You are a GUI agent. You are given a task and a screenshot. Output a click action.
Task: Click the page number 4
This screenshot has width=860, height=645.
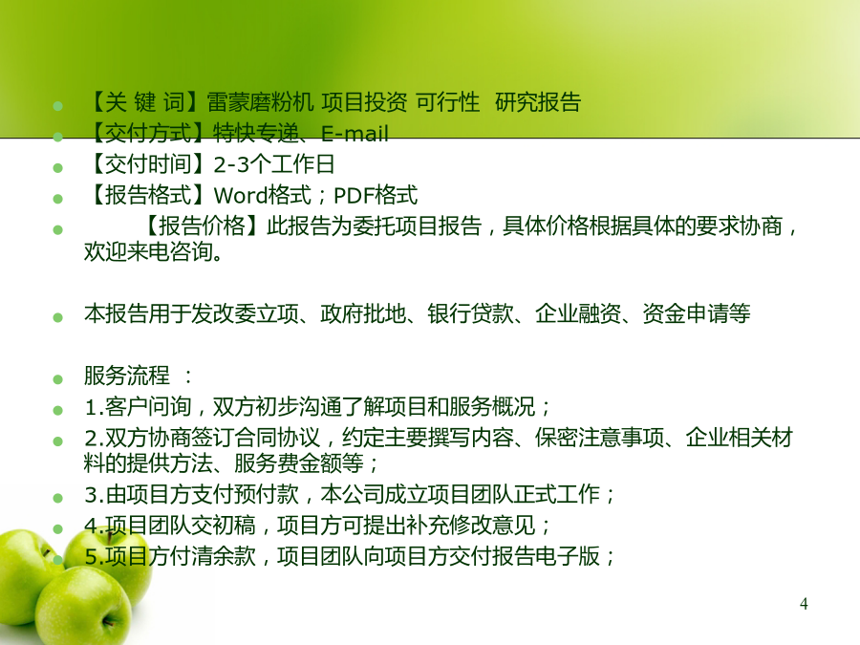[804, 604]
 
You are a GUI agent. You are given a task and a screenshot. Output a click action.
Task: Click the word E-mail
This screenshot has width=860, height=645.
[355, 133]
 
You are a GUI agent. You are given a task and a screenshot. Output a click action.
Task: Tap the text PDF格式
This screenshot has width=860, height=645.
[376, 195]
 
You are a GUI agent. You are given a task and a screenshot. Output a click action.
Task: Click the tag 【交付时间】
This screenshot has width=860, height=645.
[148, 164]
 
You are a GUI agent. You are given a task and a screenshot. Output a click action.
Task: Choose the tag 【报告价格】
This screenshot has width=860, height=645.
[202, 226]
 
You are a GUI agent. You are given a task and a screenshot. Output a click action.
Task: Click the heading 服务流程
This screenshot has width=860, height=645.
[127, 376]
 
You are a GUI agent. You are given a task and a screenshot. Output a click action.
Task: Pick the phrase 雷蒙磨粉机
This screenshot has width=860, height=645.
[260, 102]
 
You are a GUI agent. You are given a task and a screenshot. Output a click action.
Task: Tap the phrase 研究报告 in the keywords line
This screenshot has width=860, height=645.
[537, 102]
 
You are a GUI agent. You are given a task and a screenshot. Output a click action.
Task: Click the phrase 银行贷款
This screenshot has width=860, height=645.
[470, 313]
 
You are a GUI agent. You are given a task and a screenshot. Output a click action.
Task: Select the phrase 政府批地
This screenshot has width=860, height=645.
[363, 313]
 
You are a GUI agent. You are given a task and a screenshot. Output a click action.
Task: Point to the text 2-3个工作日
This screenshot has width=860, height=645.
[273, 164]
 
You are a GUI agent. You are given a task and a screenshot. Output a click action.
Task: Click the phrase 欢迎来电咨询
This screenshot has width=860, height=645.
[148, 251]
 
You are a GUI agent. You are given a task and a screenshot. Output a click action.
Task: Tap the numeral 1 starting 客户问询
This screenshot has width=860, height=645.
[91, 407]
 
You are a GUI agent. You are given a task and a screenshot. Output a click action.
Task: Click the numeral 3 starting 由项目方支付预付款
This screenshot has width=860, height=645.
[91, 495]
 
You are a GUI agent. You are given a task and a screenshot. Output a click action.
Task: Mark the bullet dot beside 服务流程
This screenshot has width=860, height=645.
[57, 379]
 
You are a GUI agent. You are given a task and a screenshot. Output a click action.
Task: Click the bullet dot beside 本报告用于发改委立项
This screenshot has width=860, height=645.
[57, 317]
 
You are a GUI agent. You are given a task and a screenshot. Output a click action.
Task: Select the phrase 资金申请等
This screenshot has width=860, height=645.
[696, 313]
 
